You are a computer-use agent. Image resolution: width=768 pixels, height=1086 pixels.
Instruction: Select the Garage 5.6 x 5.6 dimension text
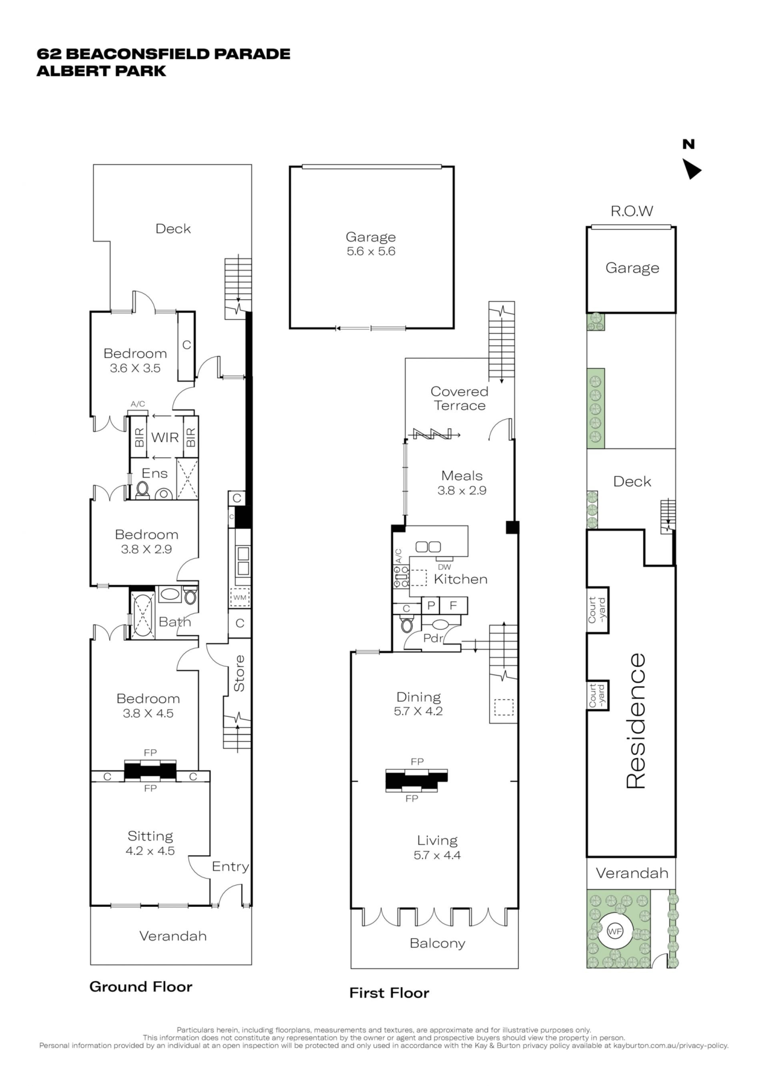pos(371,251)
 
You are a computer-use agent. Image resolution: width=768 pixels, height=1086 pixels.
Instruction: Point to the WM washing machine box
pos(240,597)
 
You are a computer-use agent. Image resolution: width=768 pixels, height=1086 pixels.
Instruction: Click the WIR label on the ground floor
pos(165,437)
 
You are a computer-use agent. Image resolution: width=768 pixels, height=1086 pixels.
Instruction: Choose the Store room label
pos(239,673)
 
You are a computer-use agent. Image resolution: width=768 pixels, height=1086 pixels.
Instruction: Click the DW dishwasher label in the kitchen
pos(444,567)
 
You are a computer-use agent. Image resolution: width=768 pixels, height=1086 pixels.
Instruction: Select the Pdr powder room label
pos(433,638)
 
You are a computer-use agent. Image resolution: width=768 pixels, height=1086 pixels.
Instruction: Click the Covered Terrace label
pos(459,398)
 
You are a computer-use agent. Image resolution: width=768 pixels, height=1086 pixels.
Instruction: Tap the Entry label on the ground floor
pos(230,866)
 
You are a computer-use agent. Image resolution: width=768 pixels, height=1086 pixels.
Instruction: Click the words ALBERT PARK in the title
pos(101,71)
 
